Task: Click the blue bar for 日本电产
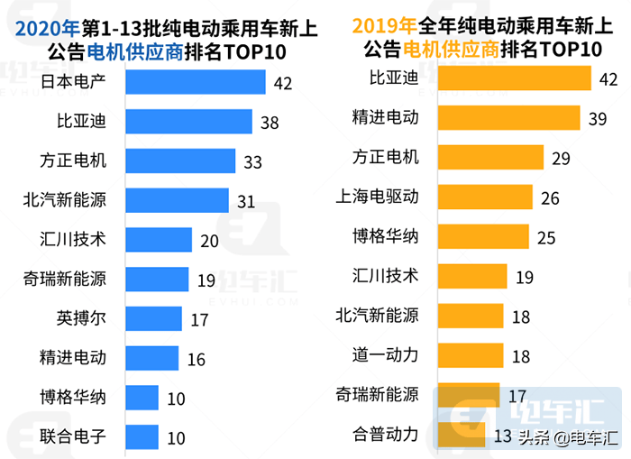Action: (196, 83)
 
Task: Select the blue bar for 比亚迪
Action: (188, 122)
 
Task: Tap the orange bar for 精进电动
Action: (508, 118)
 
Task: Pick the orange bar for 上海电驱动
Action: (485, 197)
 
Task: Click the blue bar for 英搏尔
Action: (154, 318)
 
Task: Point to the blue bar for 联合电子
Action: (142, 436)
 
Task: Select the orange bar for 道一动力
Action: (470, 355)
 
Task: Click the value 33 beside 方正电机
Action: (253, 162)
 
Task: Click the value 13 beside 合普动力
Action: (505, 437)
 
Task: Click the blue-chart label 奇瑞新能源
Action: (66, 280)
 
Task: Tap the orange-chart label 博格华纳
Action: (386, 236)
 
